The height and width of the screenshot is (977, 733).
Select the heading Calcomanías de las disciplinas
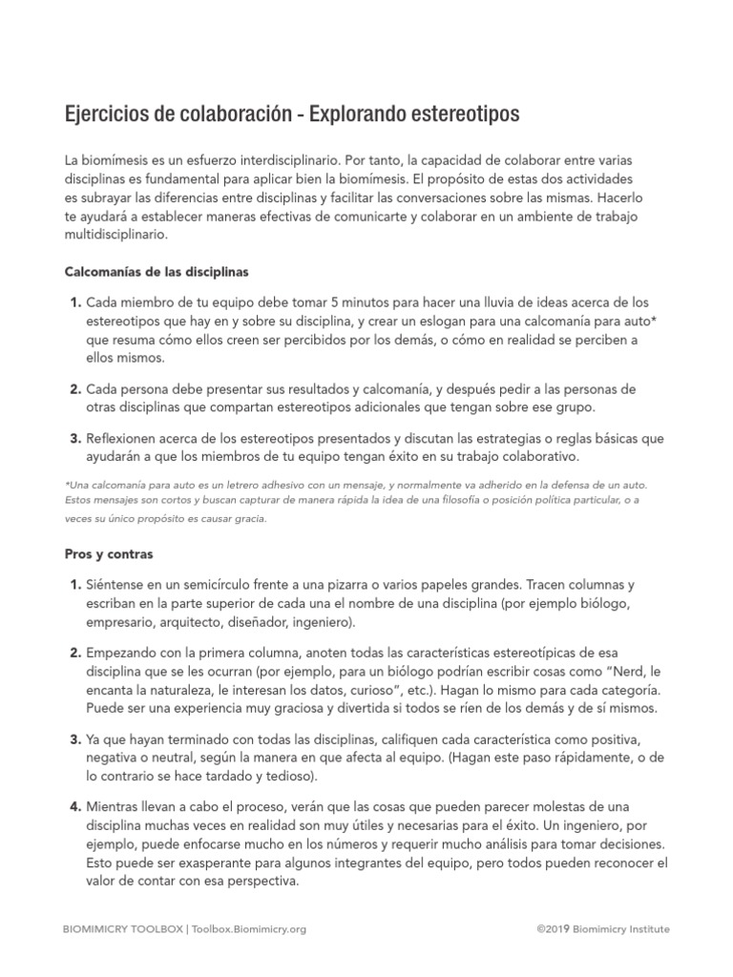(157, 272)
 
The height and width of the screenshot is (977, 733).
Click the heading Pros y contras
(109, 553)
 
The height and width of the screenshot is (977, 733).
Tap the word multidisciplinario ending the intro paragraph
(115, 234)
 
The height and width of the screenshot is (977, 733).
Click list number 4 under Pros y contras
(73, 807)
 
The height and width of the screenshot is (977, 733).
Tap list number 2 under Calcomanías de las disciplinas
(73, 389)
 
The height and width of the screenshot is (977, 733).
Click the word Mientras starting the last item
(115, 807)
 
